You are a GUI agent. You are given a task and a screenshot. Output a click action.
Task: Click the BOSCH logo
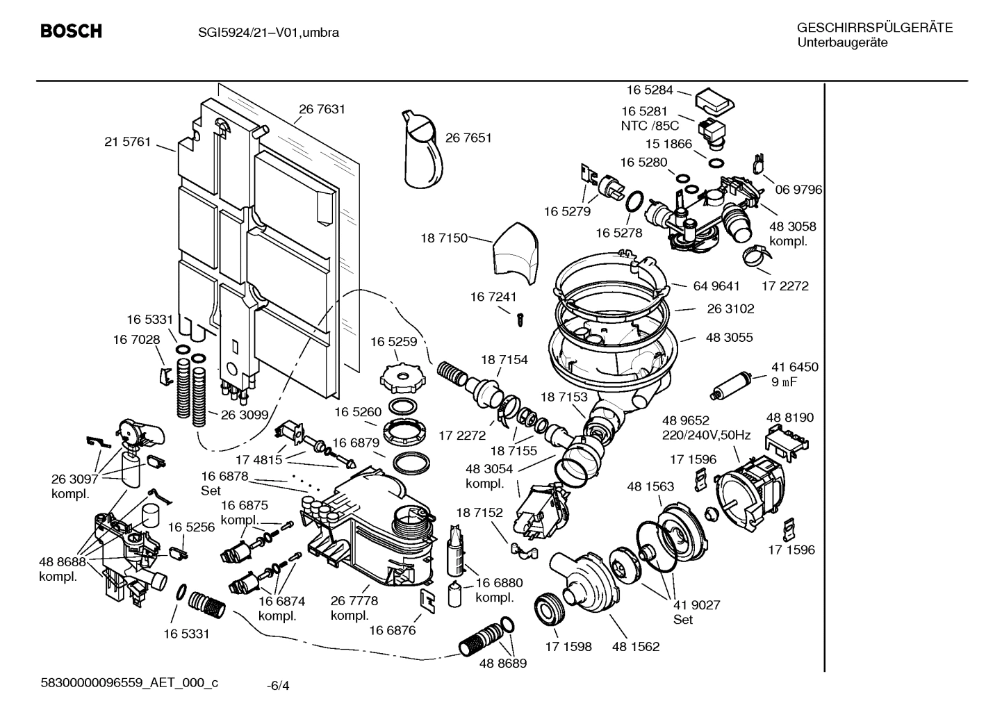coord(71,31)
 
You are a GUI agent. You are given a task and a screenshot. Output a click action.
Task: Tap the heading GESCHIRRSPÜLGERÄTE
coord(874,28)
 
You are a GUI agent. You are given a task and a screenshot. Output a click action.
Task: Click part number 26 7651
coord(468,138)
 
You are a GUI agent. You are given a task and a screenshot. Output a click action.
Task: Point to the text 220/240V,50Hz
coord(706,436)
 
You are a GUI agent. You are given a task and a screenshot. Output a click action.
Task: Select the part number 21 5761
coord(127,142)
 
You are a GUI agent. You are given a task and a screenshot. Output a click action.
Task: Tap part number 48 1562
coord(636,646)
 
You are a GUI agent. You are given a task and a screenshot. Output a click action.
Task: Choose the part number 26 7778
coord(354,600)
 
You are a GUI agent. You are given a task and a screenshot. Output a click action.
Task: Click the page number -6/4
coord(278,686)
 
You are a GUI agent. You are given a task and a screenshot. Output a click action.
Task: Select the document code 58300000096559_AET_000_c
coord(129,682)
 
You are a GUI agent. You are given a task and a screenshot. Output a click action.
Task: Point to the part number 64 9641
coord(716,286)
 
